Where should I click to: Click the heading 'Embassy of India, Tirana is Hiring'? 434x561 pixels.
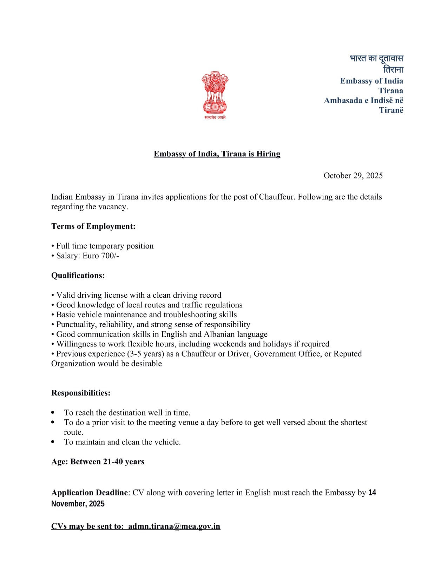point(217,154)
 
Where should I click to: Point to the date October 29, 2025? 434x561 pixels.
point(353,176)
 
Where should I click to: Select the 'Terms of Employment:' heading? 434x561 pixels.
point(93,226)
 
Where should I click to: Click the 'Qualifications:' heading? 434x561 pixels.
point(78,276)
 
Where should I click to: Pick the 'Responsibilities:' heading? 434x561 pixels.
point(81,393)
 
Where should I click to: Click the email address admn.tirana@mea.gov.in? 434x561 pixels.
point(174,526)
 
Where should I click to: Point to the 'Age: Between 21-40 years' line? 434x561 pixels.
point(98,462)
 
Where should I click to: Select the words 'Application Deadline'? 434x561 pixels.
point(90,493)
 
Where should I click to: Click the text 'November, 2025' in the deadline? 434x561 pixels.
point(78,504)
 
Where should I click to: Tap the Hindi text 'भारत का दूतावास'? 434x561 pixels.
point(376,58)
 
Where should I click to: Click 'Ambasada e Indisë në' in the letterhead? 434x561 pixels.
point(363,101)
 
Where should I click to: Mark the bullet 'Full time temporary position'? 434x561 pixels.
point(105,246)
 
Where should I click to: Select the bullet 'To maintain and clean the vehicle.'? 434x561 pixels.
point(122,442)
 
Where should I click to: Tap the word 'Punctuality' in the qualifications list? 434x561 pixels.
point(75,324)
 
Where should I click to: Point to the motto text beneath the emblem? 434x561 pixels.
point(215,117)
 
